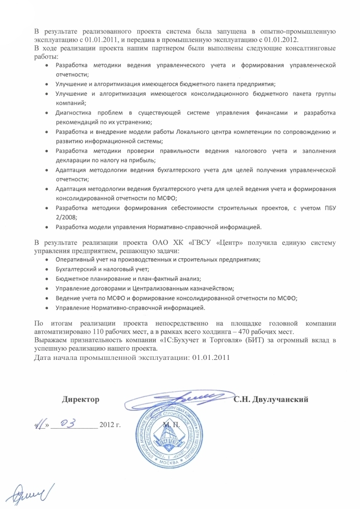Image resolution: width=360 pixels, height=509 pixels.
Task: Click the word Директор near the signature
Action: pos(80,399)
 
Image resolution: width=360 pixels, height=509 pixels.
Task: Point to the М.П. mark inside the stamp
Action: pos(169,425)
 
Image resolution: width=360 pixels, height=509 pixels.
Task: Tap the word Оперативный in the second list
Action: pos(76,260)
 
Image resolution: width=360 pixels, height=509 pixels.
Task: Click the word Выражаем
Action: pos(50,340)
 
